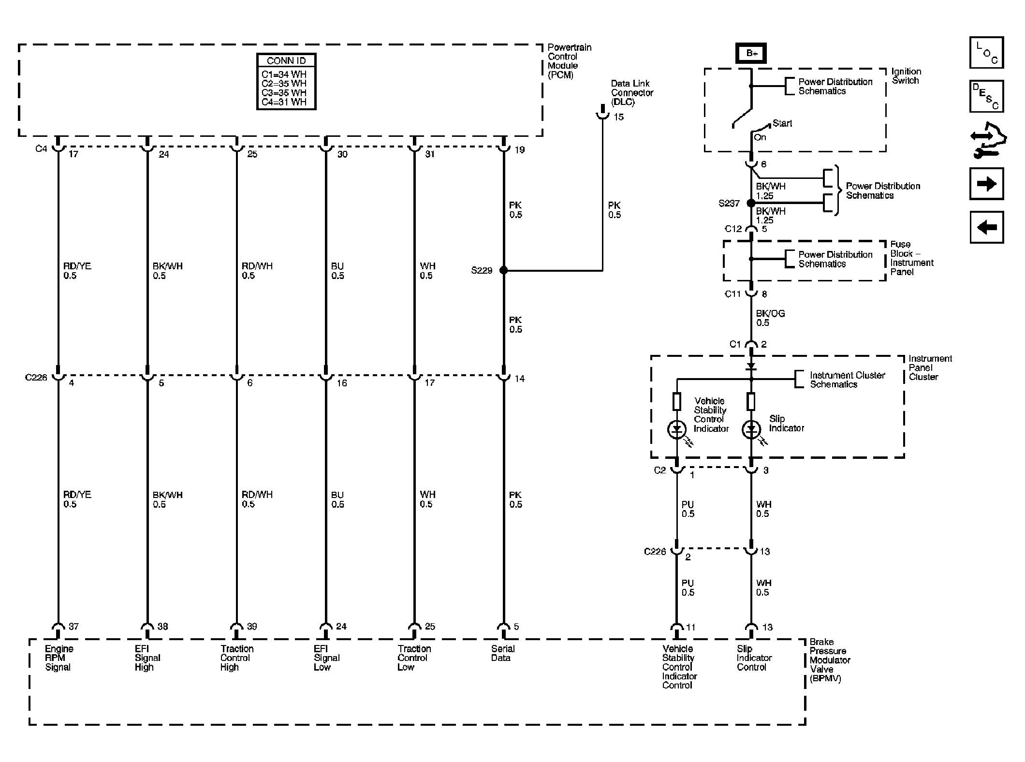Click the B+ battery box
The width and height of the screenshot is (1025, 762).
(x=751, y=54)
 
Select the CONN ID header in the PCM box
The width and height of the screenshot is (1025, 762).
(x=286, y=61)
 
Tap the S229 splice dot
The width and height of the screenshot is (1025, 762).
(x=503, y=270)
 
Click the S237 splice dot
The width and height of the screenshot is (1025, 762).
(x=751, y=203)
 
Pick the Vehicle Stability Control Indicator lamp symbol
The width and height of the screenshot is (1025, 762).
(x=676, y=429)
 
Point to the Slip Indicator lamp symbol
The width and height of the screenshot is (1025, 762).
(x=751, y=429)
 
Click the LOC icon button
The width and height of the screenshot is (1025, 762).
(x=986, y=53)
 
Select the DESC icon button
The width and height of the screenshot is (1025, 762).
(x=986, y=96)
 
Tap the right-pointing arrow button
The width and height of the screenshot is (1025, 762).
(x=986, y=184)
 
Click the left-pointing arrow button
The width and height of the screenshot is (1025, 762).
(x=986, y=227)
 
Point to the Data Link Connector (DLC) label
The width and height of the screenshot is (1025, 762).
(x=631, y=93)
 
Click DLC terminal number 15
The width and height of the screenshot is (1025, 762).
(x=618, y=117)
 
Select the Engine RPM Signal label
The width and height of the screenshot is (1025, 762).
(x=59, y=658)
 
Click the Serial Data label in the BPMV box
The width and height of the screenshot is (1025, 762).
(x=502, y=653)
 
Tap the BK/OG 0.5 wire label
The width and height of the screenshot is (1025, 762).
(x=770, y=318)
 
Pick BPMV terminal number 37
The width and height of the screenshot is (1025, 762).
(x=73, y=627)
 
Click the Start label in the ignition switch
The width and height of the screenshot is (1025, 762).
(x=782, y=123)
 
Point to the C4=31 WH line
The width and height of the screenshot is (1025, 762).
(x=284, y=102)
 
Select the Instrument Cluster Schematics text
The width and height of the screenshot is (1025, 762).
(x=847, y=380)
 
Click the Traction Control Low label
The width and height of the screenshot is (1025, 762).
(x=414, y=658)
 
